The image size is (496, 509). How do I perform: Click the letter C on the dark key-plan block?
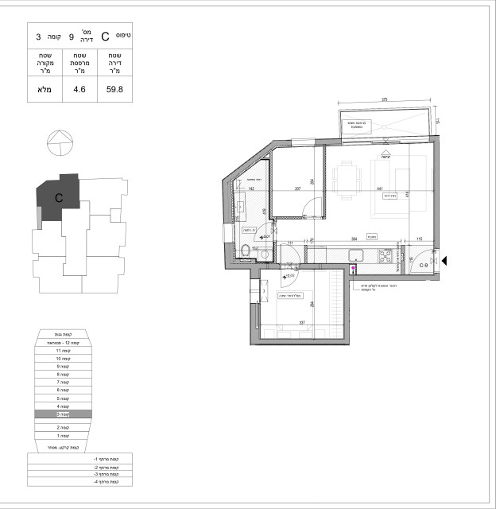[59, 196]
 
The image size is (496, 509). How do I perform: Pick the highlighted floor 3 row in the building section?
[64, 414]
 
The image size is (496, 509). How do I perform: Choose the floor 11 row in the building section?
[64, 351]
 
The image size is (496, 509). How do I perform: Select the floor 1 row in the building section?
[64, 437]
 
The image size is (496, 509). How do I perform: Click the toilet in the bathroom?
[245, 252]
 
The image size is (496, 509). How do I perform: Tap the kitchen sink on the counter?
[358, 256]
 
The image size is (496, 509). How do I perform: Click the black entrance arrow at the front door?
[444, 261]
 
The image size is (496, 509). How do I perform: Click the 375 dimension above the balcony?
[383, 101]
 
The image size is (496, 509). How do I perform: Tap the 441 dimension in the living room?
[368, 189]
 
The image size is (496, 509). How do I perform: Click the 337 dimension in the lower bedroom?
[303, 323]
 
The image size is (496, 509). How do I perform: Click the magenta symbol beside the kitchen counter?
[354, 270]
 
